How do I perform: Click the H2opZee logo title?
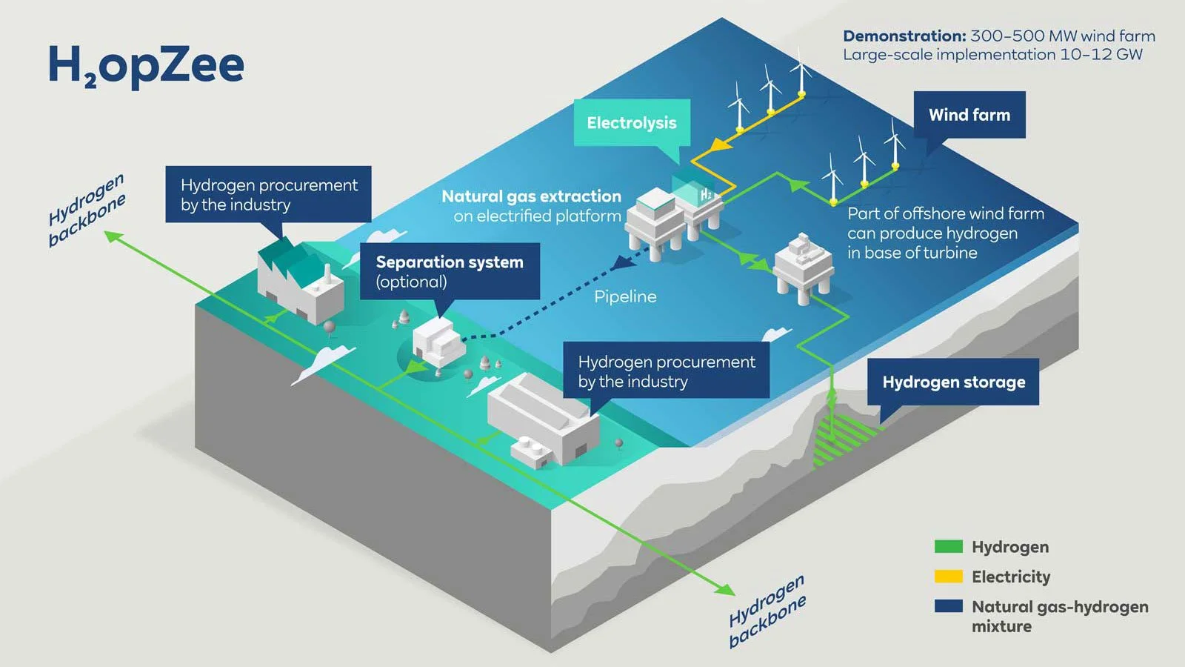(x=145, y=65)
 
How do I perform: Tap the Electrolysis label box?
(x=632, y=123)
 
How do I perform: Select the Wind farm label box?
(x=969, y=115)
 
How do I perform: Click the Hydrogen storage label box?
(x=953, y=382)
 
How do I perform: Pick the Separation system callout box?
(x=450, y=271)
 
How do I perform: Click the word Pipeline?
(x=625, y=296)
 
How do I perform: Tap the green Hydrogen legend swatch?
(x=948, y=547)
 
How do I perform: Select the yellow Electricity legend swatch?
(x=948, y=577)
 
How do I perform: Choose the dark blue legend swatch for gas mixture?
(x=948, y=606)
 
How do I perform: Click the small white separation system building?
(x=437, y=341)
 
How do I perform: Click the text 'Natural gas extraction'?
(x=531, y=196)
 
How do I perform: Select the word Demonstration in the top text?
(x=904, y=36)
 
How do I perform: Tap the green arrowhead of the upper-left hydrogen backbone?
(x=112, y=236)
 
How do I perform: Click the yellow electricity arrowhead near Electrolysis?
(x=721, y=145)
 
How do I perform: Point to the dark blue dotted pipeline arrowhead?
(x=621, y=262)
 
